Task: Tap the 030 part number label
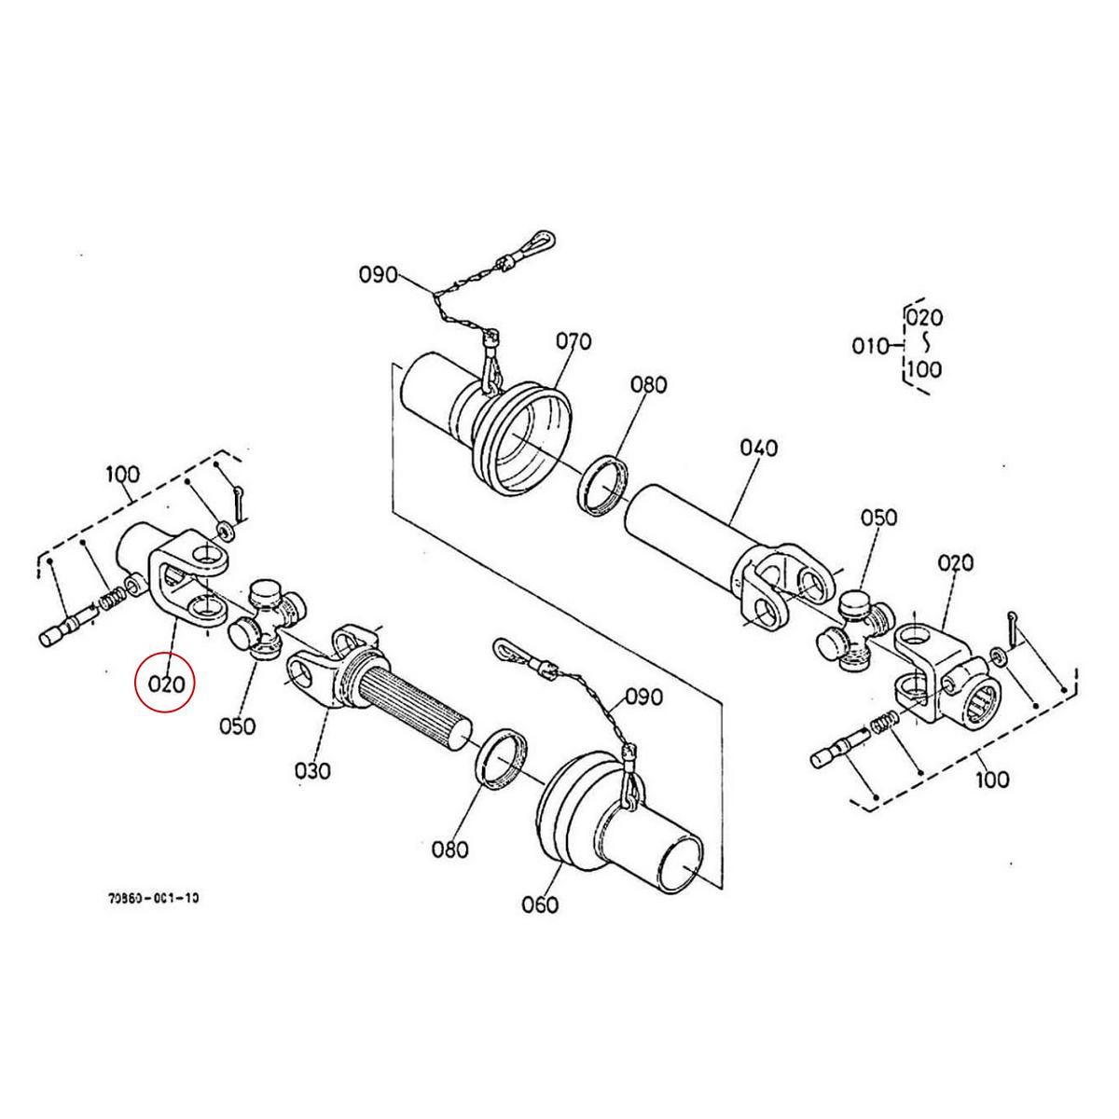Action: click(313, 771)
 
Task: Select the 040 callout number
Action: click(758, 449)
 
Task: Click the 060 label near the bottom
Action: click(540, 904)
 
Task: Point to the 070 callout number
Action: click(573, 341)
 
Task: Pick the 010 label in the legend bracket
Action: click(870, 346)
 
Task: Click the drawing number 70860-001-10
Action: click(154, 899)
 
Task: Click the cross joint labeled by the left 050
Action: click(266, 621)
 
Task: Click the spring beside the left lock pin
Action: click(110, 601)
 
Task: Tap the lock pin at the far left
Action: click(66, 626)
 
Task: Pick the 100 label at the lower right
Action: click(990, 778)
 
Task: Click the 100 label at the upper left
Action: click(122, 474)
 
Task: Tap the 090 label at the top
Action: click(378, 274)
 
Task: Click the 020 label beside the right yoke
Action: click(956, 562)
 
